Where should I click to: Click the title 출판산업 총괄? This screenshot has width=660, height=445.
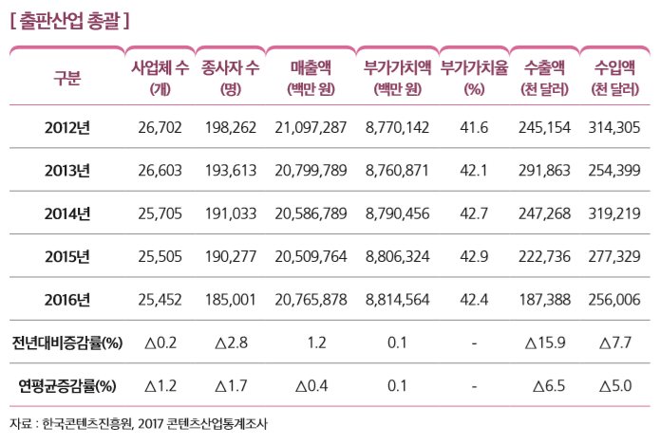point(67,18)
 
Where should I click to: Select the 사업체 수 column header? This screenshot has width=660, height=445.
point(160,77)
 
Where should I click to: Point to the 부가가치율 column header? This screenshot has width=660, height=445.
point(473,77)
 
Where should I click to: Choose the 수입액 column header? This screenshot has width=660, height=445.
point(614,77)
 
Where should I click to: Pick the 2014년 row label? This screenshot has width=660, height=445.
point(66,213)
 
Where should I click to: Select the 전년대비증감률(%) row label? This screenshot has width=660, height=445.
point(66,343)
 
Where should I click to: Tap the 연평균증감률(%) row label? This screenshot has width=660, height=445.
point(66,386)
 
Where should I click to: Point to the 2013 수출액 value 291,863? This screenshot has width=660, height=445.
point(544,171)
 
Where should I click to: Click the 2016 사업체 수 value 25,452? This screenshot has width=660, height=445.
point(160,300)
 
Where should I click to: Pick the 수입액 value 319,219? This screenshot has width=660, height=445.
point(614,213)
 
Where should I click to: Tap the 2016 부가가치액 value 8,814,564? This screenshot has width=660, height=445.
point(397,300)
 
